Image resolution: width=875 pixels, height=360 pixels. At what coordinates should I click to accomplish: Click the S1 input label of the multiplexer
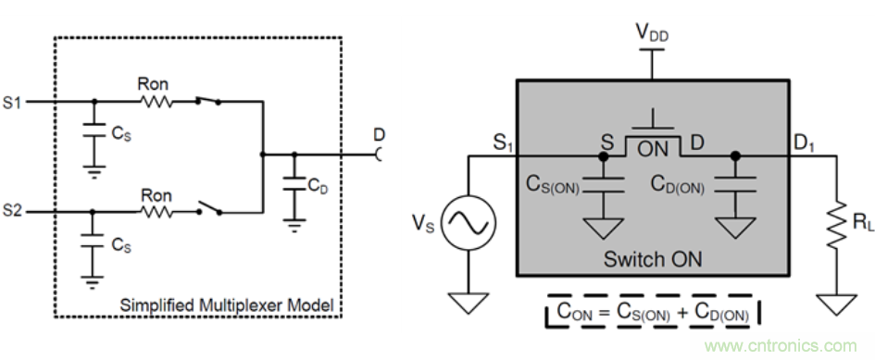point(12,104)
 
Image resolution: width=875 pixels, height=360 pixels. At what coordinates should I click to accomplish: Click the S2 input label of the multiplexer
point(12,211)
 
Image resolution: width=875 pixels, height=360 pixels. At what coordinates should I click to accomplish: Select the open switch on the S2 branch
point(208,208)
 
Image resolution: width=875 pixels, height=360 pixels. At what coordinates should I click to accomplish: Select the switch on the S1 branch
point(207,100)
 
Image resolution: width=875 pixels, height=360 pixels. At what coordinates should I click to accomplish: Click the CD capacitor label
point(318,186)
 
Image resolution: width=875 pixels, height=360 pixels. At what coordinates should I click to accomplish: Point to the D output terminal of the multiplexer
point(380,154)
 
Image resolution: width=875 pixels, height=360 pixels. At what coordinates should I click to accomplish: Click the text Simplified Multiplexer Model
point(227,304)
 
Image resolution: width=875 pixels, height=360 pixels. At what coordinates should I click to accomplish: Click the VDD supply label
point(652,33)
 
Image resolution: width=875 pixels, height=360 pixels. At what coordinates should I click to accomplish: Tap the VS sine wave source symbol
point(469,222)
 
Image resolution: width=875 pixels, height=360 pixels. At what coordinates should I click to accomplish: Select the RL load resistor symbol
point(836,225)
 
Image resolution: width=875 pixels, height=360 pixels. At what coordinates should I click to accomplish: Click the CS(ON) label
point(553,186)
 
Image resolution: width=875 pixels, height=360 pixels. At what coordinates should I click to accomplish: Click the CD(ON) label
point(678,186)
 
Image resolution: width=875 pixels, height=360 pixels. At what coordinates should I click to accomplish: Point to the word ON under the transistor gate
point(653,149)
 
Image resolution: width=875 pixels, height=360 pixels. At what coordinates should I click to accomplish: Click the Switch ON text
point(653,259)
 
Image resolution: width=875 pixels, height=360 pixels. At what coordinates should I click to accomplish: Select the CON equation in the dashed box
point(653,312)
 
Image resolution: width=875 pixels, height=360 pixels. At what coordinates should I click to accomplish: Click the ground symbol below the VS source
point(469,304)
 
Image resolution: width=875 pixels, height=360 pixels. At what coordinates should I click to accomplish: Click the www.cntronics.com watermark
point(781,345)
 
